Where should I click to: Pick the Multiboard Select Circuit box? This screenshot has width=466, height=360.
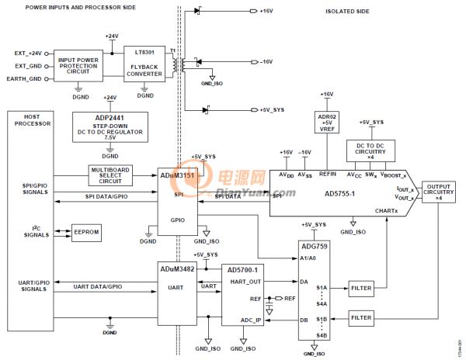[x=111, y=175]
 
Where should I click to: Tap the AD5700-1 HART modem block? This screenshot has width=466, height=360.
[x=242, y=295]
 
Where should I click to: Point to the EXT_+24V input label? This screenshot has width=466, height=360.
[x=27, y=52]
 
